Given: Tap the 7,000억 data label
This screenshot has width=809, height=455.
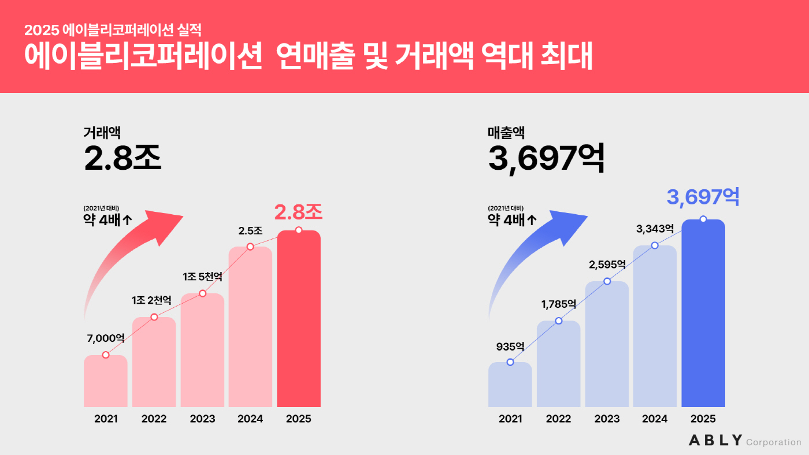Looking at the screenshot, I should pos(106,338).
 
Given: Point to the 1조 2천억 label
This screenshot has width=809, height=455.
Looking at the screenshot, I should pos(151,300).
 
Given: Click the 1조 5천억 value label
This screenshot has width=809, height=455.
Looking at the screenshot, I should pos(202,277).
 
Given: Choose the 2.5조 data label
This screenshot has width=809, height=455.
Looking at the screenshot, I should pos(250,231).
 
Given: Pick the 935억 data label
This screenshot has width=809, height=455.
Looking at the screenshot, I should pos(510,346).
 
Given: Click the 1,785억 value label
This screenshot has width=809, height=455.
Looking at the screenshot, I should pos(558,304).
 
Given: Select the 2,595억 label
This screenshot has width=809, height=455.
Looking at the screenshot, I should pos(607,264).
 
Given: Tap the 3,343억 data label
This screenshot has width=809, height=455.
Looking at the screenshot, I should pos(655,229).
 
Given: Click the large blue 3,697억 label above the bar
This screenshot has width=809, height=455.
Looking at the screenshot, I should pos(703,197).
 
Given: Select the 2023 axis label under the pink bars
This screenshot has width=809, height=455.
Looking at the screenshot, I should pos(202,419).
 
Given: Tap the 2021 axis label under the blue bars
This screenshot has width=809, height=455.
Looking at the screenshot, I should pos(510,419).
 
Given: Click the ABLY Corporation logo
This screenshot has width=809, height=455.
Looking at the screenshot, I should pos(745,441).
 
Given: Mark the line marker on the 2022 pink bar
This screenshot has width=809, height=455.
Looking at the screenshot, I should pos(154,317).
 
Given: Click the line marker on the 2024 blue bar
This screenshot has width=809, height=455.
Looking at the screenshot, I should pos(655,245).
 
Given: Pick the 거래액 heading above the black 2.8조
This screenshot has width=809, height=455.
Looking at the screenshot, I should pos(102,133).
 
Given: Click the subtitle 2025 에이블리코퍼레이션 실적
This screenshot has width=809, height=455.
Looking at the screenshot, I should pos(113,28).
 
